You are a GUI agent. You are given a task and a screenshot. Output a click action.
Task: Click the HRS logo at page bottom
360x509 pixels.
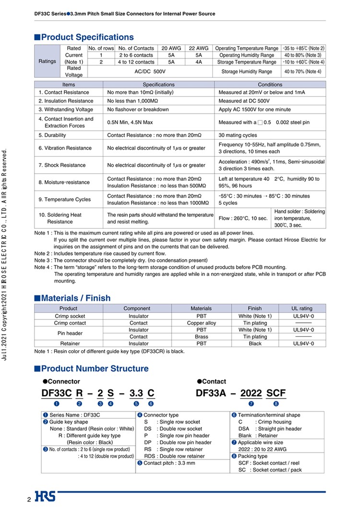(45, 497)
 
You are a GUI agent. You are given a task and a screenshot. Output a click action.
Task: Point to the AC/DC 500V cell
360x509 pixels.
(149, 71)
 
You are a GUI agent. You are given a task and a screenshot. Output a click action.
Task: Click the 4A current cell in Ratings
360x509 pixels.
(199, 62)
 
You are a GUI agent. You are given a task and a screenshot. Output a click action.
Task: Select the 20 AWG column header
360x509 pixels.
(171, 48)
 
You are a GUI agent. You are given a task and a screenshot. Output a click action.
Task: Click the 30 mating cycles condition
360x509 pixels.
(238, 135)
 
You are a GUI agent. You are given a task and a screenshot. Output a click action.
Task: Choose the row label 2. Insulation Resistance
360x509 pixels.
(66, 101)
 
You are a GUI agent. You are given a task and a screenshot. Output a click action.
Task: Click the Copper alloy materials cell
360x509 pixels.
(201, 323)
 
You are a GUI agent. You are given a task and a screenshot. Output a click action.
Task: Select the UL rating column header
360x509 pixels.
(302, 308)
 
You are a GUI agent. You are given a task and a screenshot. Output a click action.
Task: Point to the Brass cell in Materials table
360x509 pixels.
(201, 337)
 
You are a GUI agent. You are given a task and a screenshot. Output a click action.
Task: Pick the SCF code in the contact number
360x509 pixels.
(276, 393)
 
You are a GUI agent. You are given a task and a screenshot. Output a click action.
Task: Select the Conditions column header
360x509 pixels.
(270, 84)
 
